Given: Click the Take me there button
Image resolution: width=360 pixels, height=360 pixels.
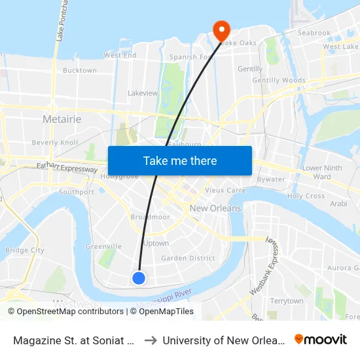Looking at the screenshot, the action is [180, 160].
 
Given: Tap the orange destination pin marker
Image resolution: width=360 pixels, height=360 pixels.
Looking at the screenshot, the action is [221, 29].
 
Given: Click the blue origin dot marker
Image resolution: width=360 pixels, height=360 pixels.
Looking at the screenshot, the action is [139, 278].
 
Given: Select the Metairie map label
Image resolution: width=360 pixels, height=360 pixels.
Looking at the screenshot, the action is [62, 119].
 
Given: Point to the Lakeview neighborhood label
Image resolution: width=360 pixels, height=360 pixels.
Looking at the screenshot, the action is [143, 93].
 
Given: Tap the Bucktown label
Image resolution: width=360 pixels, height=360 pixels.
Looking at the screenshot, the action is [80, 70].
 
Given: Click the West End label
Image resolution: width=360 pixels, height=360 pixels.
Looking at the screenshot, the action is [120, 56].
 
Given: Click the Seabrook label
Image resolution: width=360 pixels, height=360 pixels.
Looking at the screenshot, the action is [314, 33].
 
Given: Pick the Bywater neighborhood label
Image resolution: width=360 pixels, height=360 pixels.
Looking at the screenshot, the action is [271, 179].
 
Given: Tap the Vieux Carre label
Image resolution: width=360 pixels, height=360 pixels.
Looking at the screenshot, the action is [225, 190].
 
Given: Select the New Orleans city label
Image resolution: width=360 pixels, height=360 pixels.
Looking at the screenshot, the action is [215, 208].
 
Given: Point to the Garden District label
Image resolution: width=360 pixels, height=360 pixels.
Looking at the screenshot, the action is [188, 258].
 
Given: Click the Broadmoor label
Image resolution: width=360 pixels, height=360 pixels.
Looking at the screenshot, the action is [150, 217].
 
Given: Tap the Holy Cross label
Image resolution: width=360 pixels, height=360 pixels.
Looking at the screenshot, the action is [306, 196].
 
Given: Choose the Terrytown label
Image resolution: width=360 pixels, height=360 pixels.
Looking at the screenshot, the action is [287, 301].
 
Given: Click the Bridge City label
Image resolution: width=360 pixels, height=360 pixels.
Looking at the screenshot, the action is [25, 250].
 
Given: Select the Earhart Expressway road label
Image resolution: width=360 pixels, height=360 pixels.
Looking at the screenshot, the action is [67, 169].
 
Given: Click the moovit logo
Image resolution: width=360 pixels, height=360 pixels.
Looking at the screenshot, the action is [321, 339].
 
